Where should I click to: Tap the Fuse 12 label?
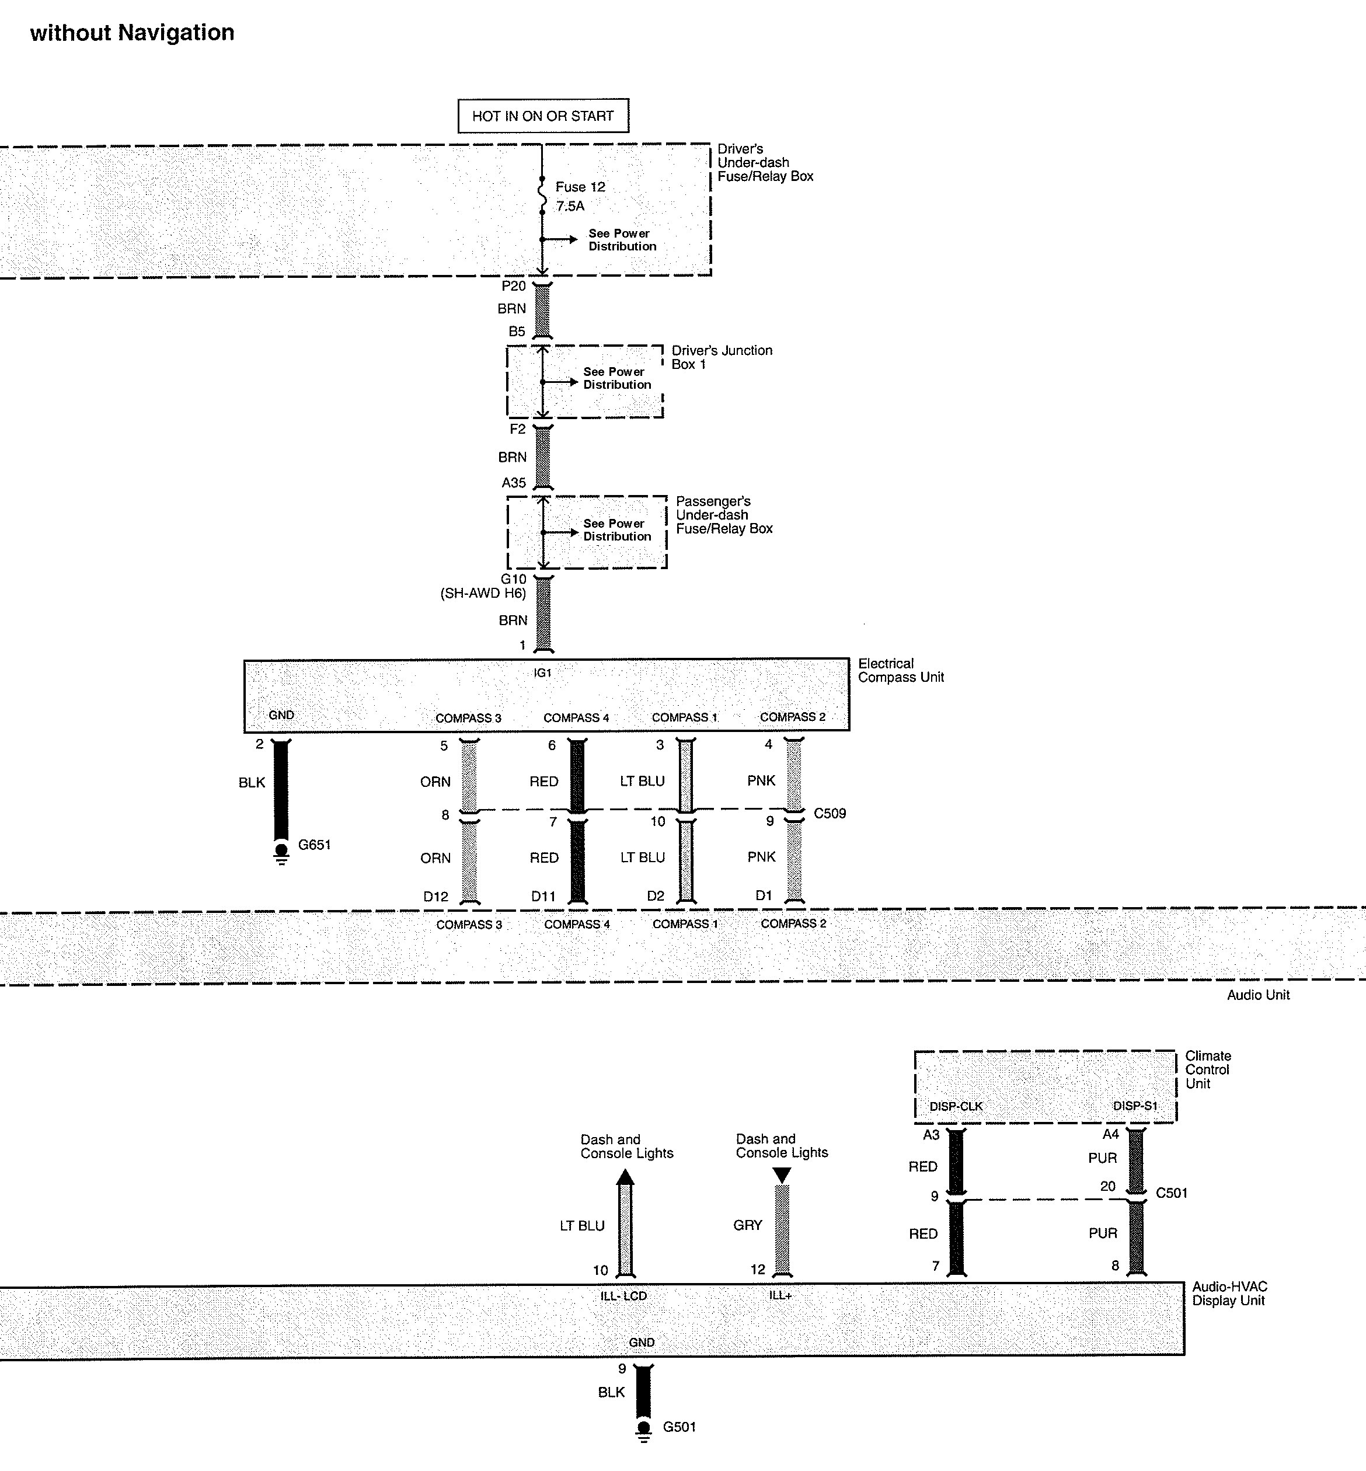coord(580,187)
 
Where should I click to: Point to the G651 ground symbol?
coord(281,852)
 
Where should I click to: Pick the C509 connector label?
coord(830,813)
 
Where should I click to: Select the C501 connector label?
coord(1171,1193)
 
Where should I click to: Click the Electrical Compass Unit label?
coord(900,671)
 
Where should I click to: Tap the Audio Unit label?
coord(1258,995)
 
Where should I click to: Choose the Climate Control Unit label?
coord(1208,1069)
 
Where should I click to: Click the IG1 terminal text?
coord(542,672)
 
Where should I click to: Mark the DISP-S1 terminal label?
coord(1135,1106)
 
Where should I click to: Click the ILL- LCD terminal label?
coord(623,1296)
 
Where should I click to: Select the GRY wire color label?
coord(747,1225)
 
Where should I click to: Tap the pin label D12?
coord(435,897)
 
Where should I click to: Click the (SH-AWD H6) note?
coord(483,594)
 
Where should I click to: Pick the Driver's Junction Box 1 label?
coord(722,357)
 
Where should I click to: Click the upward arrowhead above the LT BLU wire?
coord(625,1177)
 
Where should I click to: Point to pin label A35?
coord(514,483)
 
